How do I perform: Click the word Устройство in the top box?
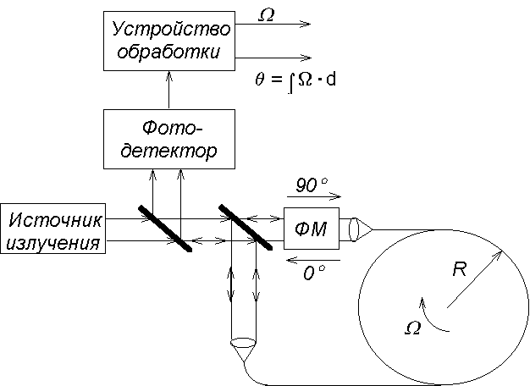(x=171, y=30)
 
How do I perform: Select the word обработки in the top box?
(x=168, y=52)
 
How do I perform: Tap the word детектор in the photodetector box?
(x=168, y=151)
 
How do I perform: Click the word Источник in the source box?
(x=55, y=220)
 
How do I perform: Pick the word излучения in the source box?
(x=53, y=243)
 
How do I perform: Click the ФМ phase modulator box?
(x=312, y=229)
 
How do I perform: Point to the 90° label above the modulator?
(x=312, y=185)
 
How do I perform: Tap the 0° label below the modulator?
(x=314, y=273)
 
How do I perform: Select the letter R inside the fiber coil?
(x=460, y=269)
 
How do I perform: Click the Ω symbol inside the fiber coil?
(x=412, y=328)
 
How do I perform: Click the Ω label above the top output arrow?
(x=266, y=15)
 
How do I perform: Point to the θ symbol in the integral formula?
(x=259, y=80)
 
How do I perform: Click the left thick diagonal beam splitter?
(x=165, y=229)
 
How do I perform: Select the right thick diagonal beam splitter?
(x=246, y=227)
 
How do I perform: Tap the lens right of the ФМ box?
(x=353, y=229)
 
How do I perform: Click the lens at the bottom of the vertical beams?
(x=243, y=343)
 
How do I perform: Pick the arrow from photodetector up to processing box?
(x=169, y=90)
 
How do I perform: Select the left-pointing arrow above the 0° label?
(x=313, y=260)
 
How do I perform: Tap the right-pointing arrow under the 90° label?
(x=314, y=196)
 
